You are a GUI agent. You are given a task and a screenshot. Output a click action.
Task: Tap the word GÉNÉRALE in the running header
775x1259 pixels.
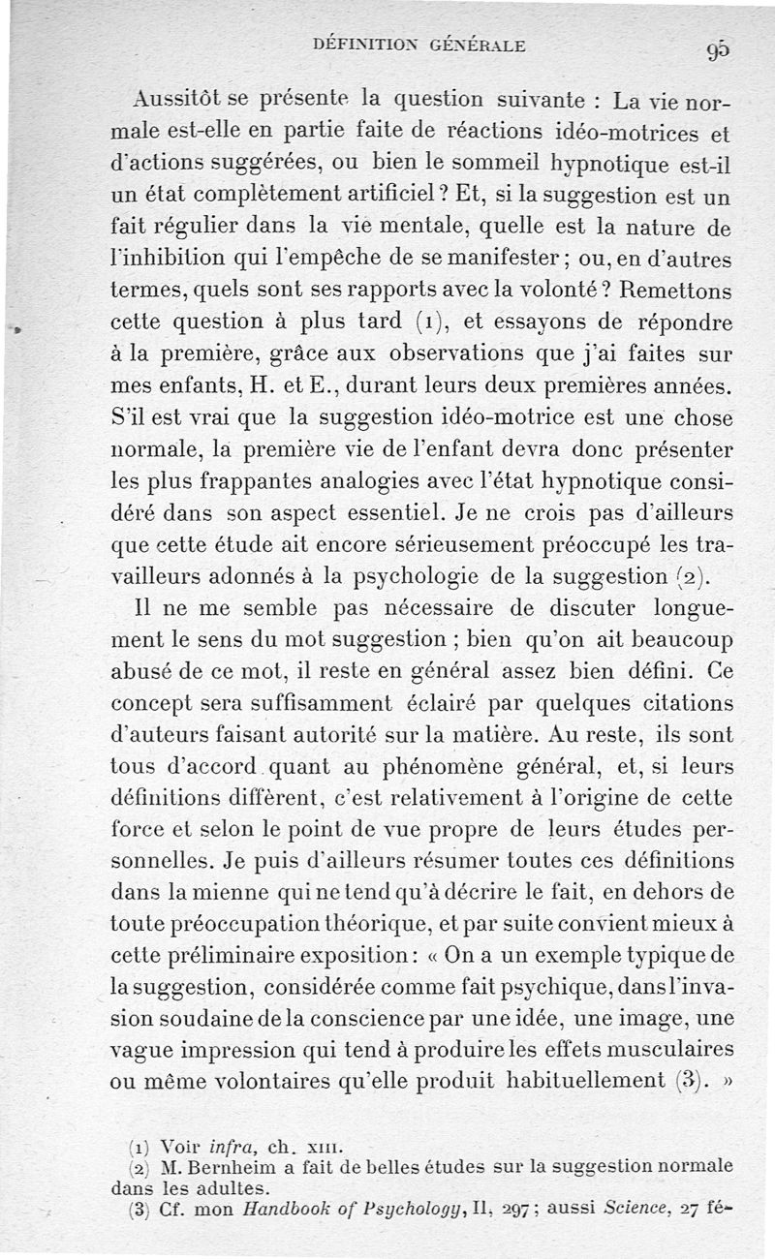click(478, 45)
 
